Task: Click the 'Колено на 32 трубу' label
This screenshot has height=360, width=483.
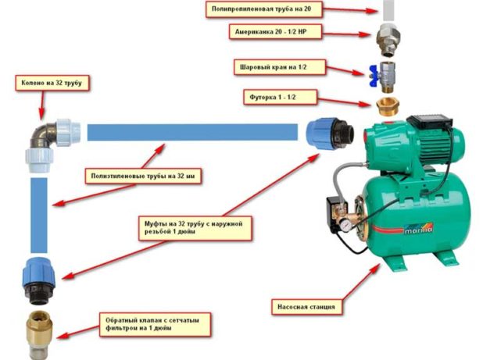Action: click(52, 83)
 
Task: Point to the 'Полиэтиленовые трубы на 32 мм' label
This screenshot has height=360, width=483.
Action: click(143, 176)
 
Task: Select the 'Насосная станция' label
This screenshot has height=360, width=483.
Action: click(306, 306)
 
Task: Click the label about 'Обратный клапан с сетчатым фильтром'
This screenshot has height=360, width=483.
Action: click(155, 324)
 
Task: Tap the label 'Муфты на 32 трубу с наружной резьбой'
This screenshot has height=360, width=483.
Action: click(195, 228)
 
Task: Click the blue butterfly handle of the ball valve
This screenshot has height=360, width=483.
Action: click(374, 76)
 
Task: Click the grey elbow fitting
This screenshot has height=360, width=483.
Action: click(52, 145)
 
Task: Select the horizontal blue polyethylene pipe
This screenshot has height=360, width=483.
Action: click(192, 132)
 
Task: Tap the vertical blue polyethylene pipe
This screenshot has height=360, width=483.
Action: click(39, 216)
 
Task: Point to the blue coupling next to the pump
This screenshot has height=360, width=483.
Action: click(330, 133)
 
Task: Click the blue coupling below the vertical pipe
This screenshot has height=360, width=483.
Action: click(39, 281)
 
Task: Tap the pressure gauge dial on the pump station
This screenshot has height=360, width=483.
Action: click(348, 226)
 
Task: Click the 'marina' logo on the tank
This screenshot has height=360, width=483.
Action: click(418, 228)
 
